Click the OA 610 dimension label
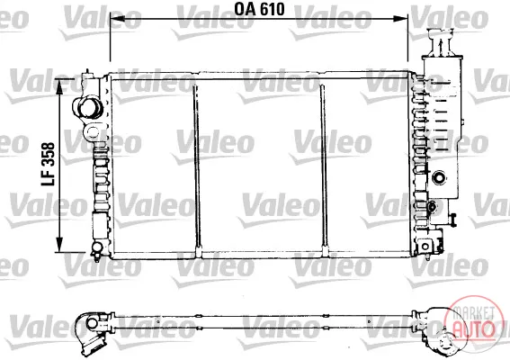pos(259,9)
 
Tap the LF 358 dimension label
pos(49,164)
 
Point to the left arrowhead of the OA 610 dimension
pos(118,19)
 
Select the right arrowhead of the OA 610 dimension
pos(400,19)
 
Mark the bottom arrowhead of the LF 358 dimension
pos(59,245)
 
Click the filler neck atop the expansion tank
pos(441,42)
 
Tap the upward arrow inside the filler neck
pos(441,47)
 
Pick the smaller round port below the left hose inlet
pos(93,131)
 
